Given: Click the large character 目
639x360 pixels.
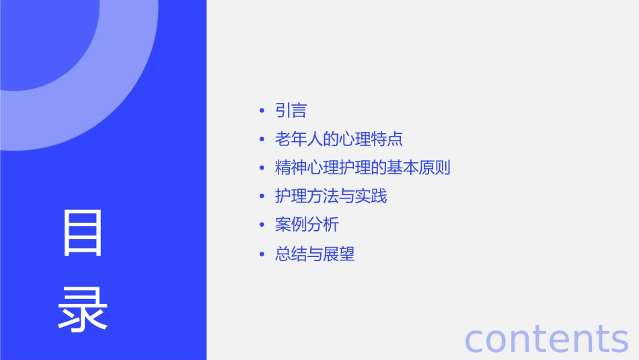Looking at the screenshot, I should click(83, 233).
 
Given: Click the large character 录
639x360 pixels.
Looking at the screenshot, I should click(83, 309).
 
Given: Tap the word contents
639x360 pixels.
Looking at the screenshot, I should click(546, 338).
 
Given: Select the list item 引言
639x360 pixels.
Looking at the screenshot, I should click(291, 110).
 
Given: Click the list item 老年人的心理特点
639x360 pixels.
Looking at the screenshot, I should click(339, 139).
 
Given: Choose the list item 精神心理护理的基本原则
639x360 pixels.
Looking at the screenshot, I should click(363, 168).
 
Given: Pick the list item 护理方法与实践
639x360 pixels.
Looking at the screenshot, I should click(331, 196).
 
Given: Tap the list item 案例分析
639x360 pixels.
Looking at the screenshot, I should click(307, 225).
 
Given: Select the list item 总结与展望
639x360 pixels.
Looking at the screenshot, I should click(315, 254).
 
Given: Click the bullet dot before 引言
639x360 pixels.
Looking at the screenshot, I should click(262, 111).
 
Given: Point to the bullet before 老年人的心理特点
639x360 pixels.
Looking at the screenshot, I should click(262, 140).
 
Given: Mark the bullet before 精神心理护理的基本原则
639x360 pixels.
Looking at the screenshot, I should click(262, 168).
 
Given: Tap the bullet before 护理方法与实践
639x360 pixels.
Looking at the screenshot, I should click(262, 197).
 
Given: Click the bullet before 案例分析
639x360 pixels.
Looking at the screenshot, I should click(262, 225).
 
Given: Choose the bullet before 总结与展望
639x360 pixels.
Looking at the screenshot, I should click(262, 254).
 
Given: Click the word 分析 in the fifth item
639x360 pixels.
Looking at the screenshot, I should click(323, 225).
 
